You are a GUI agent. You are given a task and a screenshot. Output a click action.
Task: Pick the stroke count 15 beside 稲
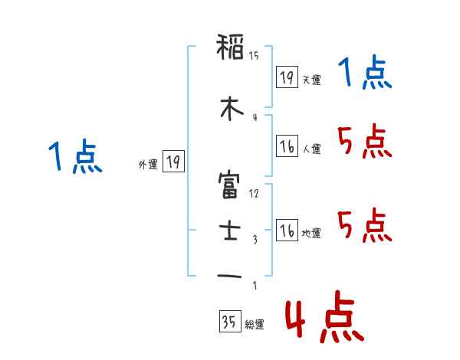coord(254,56)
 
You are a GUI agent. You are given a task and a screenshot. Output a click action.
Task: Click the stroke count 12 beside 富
coord(254,194)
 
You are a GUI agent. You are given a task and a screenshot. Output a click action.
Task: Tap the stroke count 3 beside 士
coord(255,240)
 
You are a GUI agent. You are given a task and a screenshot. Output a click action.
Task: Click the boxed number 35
coord(229,322)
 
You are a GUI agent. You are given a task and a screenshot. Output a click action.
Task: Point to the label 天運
coord(311,80)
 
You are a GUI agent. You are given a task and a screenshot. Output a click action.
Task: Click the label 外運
coord(147,163)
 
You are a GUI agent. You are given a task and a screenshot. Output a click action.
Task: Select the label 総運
coord(254,325)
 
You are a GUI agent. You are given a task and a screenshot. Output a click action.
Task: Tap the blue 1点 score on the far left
coord(74,158)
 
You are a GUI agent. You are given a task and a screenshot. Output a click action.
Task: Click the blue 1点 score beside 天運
coord(364,74)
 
